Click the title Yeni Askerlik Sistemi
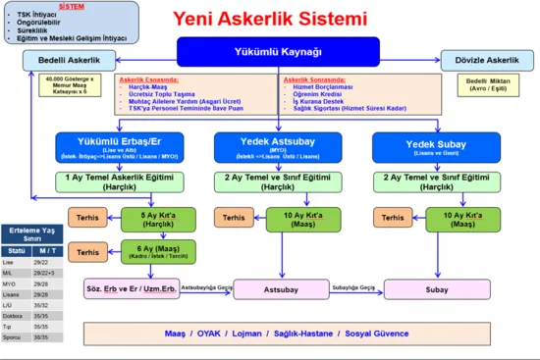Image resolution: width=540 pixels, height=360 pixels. tap(270, 19)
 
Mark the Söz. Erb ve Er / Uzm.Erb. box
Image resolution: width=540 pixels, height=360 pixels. tap(131, 289)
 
